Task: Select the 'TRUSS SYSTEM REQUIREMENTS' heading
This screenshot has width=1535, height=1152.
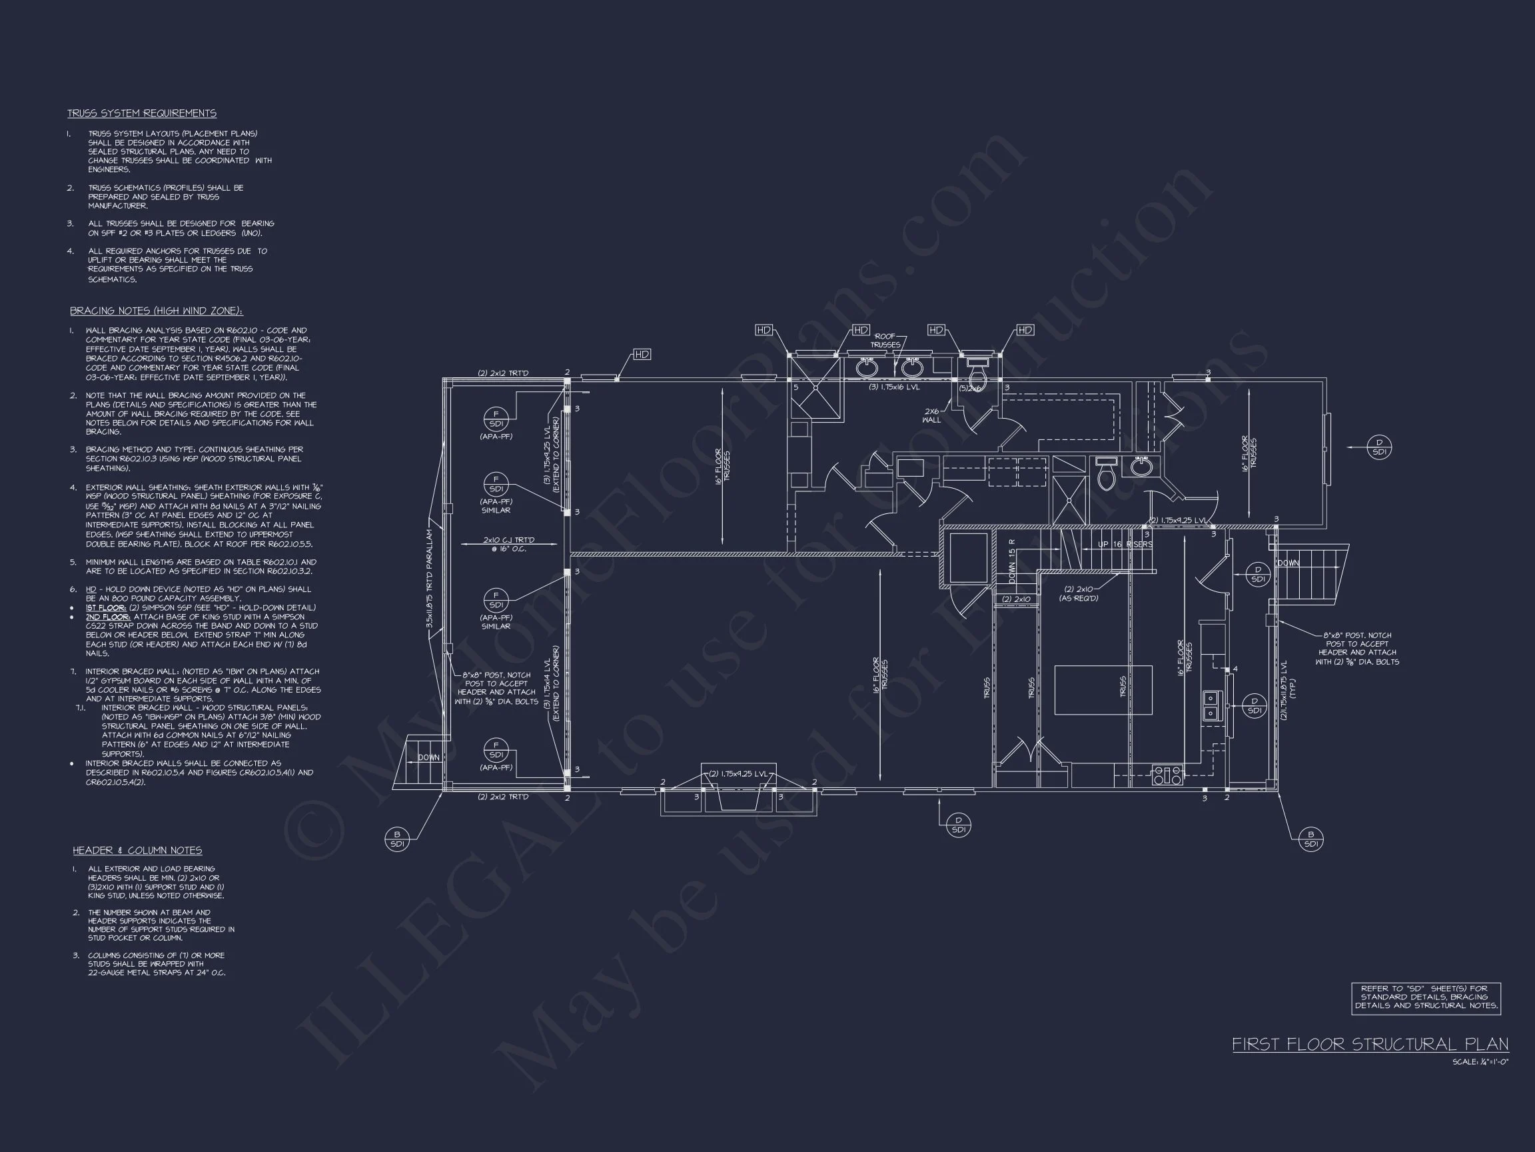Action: tap(141, 113)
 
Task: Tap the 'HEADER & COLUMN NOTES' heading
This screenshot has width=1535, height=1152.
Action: tap(137, 851)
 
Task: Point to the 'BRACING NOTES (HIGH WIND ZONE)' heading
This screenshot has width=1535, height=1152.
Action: tap(156, 311)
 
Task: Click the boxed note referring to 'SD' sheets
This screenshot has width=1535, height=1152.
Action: tap(1426, 999)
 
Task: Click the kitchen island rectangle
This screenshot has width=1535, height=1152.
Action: tap(1103, 689)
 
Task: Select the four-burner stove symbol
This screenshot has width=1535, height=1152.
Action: tap(1167, 775)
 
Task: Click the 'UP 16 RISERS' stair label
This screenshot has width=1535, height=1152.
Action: tap(1125, 545)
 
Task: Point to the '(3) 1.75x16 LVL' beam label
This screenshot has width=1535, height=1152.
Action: tap(894, 387)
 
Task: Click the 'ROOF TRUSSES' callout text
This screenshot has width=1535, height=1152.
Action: tap(885, 340)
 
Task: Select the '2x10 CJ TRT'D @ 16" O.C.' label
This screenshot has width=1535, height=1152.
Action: tap(508, 545)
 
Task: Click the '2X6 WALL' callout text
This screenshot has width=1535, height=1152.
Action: tap(931, 415)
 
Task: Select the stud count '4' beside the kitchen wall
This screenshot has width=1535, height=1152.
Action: tap(1235, 669)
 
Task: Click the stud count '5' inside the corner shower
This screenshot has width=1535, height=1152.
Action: tap(796, 387)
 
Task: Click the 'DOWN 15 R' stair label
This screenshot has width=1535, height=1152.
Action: tap(1012, 561)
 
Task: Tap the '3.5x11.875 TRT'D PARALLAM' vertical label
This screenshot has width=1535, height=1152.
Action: tap(430, 580)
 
